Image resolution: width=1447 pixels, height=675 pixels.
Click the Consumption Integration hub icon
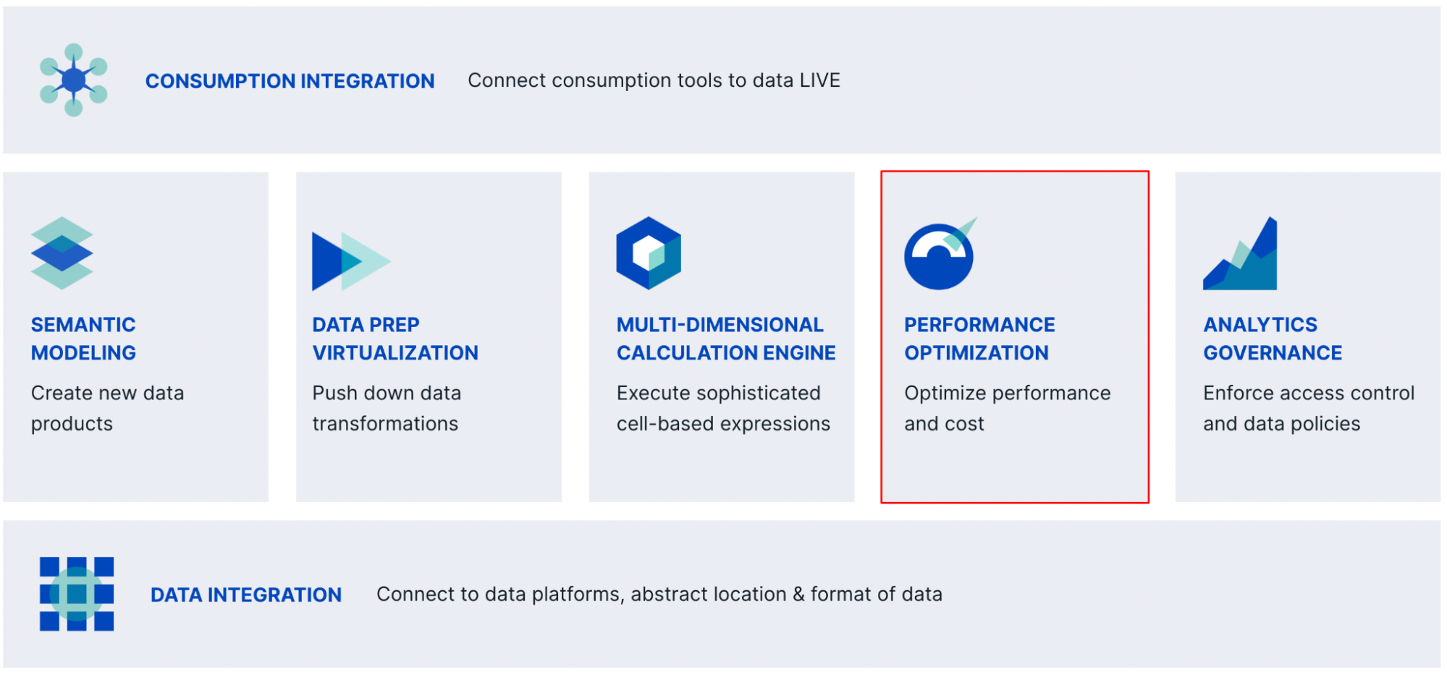pos(73,80)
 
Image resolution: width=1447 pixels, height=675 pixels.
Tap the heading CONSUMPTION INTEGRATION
pos(290,81)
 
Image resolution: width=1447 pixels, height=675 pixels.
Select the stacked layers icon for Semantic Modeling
pos(62,253)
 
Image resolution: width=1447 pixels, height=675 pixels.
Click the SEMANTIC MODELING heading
pos(83,339)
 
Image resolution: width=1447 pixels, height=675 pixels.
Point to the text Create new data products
pos(107,408)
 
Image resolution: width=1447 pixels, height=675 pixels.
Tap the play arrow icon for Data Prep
pos(350,261)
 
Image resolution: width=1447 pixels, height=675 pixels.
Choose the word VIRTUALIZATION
pos(395,353)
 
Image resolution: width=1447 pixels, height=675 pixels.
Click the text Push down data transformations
pos(386,408)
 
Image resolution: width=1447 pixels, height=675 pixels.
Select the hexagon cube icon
pos(649,253)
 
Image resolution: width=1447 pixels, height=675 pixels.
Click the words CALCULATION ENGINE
pos(726,353)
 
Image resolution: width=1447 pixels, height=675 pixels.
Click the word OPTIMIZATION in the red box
pos(976,353)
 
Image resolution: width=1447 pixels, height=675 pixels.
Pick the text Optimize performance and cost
pos(1006,408)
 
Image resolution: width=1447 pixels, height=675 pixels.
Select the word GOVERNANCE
pos(1273,353)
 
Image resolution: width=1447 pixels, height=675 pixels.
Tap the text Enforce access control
pos(1308,393)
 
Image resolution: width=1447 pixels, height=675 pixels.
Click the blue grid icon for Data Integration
pos(77,594)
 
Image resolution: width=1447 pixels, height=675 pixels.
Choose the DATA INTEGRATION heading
pos(246,595)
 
